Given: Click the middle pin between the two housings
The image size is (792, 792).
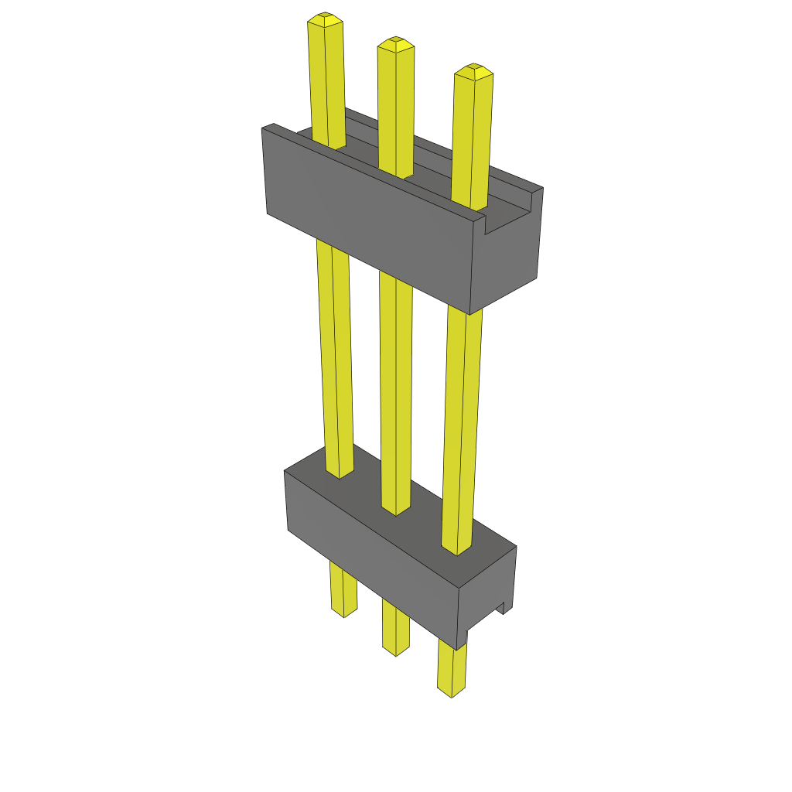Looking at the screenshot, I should point(395,387).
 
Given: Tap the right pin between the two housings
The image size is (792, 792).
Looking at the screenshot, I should point(463,425).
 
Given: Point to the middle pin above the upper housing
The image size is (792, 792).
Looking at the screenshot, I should point(395,108).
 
